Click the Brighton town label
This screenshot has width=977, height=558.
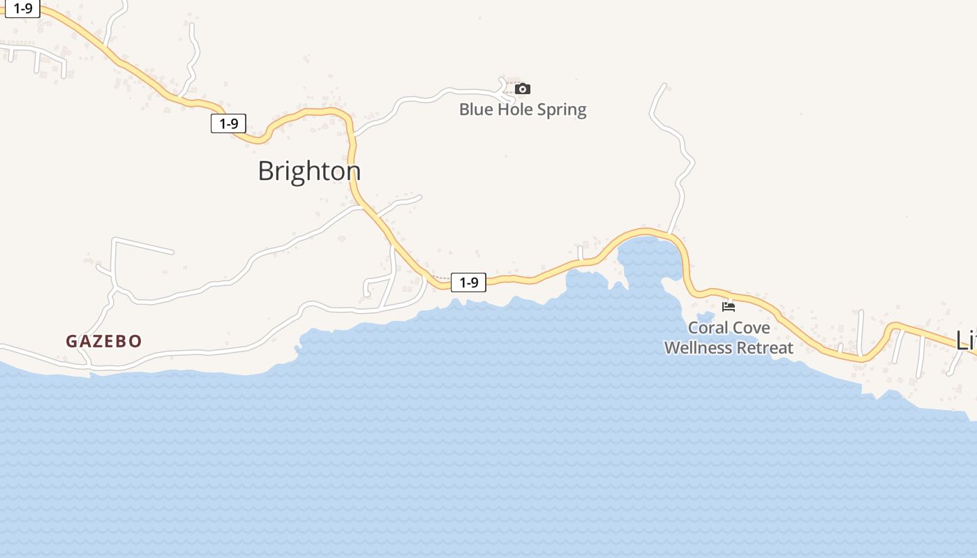point(309,171)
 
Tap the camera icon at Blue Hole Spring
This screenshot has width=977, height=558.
point(523,89)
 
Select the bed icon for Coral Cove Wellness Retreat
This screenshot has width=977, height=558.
point(729,306)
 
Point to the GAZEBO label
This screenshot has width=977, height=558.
point(104,341)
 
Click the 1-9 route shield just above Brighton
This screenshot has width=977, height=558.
point(229,123)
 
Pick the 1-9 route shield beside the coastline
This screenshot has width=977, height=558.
point(468,282)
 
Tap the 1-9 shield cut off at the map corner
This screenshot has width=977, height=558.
point(22,8)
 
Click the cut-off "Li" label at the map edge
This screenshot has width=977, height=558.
point(966,340)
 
